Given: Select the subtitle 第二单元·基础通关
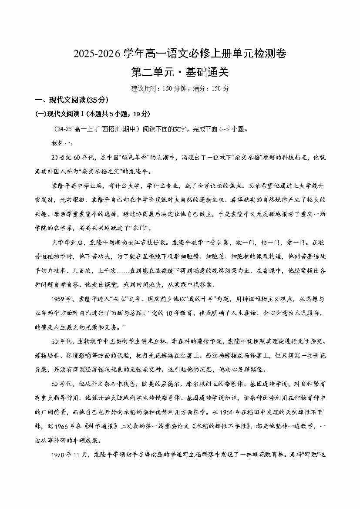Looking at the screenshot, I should pos(180,72).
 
